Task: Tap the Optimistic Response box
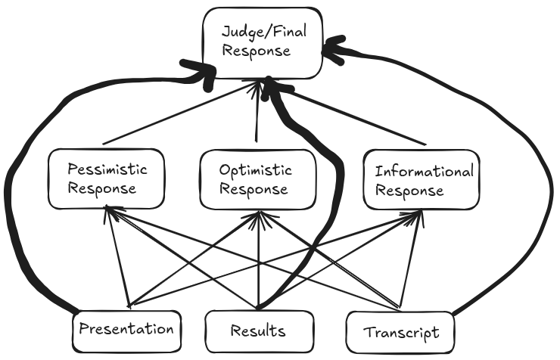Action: click(x=257, y=178)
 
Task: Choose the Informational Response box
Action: click(x=421, y=178)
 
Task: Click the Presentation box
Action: click(x=128, y=330)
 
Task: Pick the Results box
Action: click(x=259, y=331)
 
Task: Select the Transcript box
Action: click(x=401, y=331)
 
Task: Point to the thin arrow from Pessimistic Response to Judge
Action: click(x=174, y=113)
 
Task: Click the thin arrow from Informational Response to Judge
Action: click(x=348, y=113)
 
